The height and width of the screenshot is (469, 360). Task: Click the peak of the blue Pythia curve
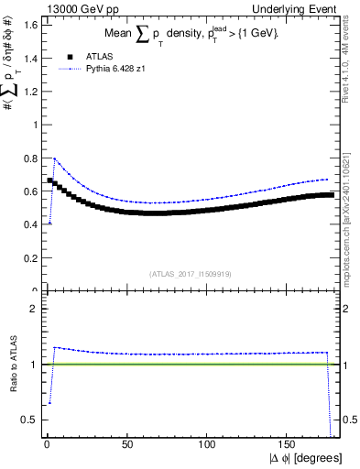55,158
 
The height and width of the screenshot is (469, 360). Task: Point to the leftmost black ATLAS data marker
50,180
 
